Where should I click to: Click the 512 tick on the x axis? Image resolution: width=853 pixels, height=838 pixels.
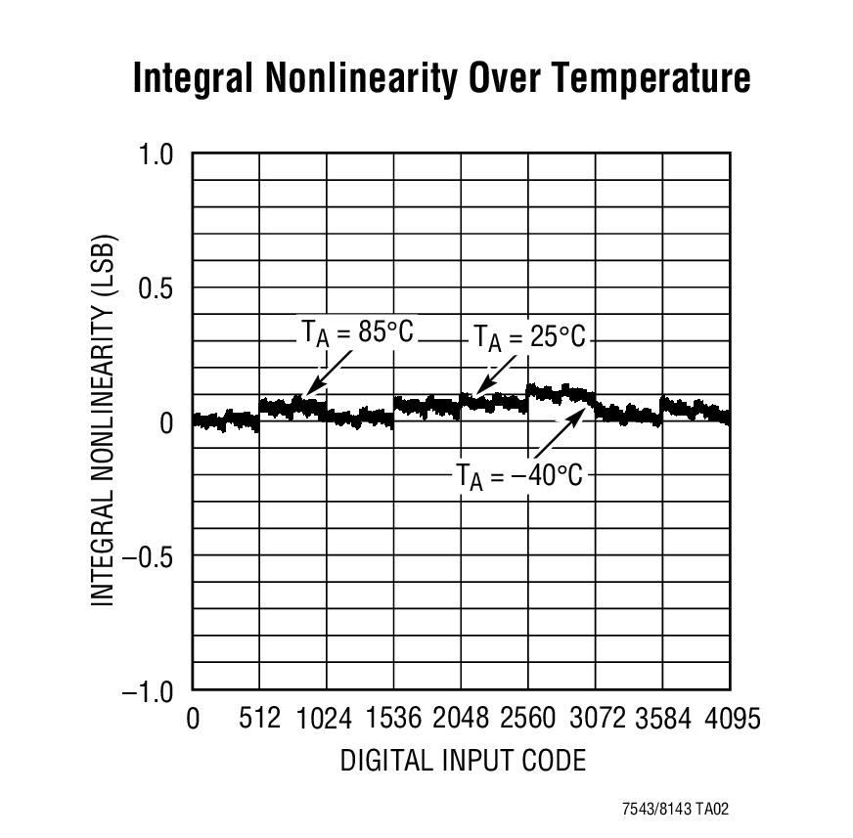[x=259, y=720]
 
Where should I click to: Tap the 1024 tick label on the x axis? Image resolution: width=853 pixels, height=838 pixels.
[x=325, y=720]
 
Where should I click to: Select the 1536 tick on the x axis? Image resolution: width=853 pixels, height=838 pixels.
[x=393, y=720]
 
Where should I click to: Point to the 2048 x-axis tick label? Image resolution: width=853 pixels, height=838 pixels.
[x=461, y=720]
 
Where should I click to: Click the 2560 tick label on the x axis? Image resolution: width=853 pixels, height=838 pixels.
[x=528, y=720]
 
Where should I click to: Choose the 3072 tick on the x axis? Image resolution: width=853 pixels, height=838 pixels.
[x=596, y=720]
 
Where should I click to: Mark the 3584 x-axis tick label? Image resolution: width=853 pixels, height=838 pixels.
[x=663, y=720]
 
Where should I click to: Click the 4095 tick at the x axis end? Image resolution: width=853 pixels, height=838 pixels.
[x=730, y=720]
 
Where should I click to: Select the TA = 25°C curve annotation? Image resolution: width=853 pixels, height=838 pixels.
[x=529, y=338]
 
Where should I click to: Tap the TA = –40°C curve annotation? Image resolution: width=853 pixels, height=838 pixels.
[x=519, y=476]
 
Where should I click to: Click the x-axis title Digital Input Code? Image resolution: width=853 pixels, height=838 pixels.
[x=463, y=760]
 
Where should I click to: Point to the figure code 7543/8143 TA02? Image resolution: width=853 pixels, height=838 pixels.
[x=675, y=810]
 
